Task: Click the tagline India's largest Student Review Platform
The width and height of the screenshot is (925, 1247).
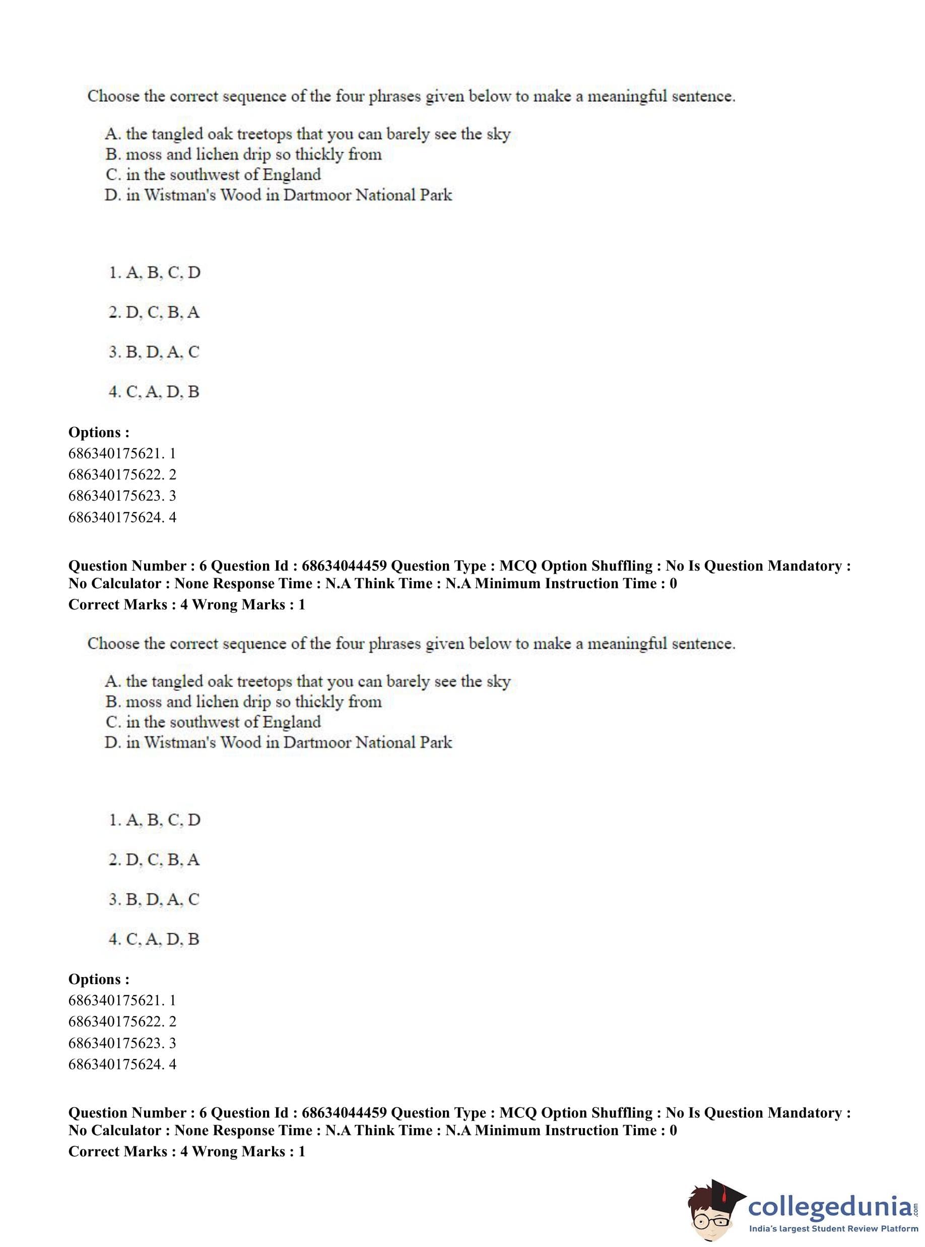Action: point(833,1228)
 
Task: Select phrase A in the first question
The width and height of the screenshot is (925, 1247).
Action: point(307,134)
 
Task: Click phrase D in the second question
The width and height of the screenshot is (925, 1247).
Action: point(278,743)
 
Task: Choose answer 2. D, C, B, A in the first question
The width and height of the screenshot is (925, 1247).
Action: point(154,312)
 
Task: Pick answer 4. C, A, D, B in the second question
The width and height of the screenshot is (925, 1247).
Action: point(154,939)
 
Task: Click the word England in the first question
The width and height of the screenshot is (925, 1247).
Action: point(292,175)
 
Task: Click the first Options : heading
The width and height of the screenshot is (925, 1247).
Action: point(99,432)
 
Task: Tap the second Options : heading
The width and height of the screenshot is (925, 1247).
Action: point(99,979)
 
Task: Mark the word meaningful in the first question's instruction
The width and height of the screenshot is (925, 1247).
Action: point(627,96)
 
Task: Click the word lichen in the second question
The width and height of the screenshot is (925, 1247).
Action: point(217,702)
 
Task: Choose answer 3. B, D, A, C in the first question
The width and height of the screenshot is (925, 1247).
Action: point(154,352)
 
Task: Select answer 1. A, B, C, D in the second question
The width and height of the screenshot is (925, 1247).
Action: point(154,820)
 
